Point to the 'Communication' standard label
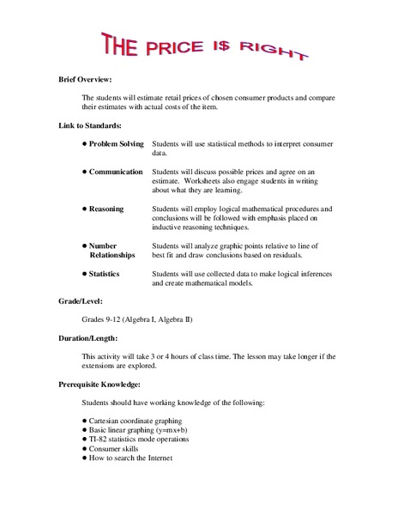pos(116,172)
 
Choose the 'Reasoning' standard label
pos(106,209)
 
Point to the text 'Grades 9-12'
pos(103,319)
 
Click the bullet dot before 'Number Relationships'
pos(85,245)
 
